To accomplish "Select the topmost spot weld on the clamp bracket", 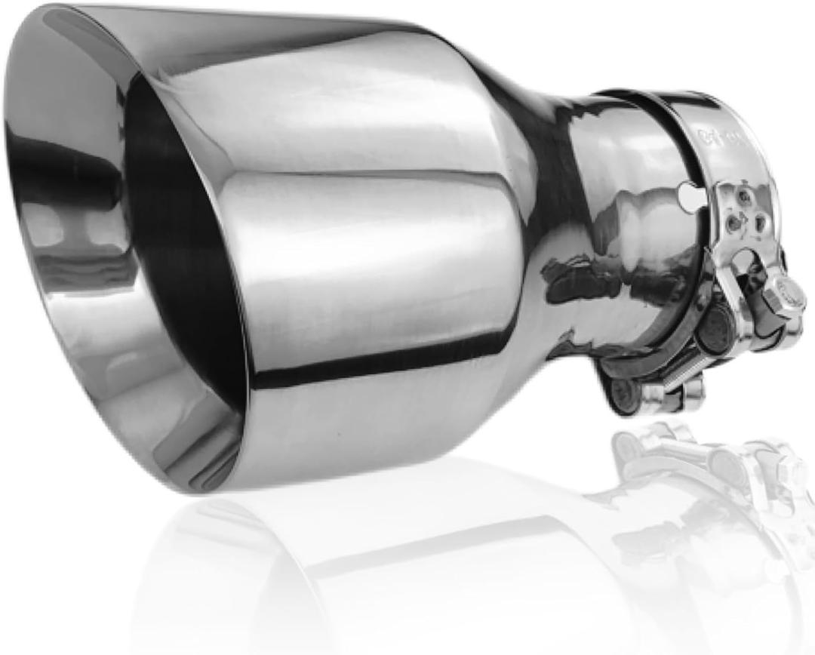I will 744,195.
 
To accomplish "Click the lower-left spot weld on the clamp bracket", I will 731,223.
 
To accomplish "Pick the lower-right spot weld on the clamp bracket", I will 759,223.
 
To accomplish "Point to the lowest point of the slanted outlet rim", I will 196,483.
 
